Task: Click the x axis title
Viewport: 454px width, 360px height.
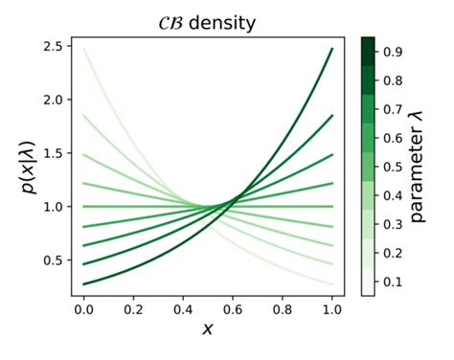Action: (207, 328)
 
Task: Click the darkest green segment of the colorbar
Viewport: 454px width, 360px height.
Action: (368, 45)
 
